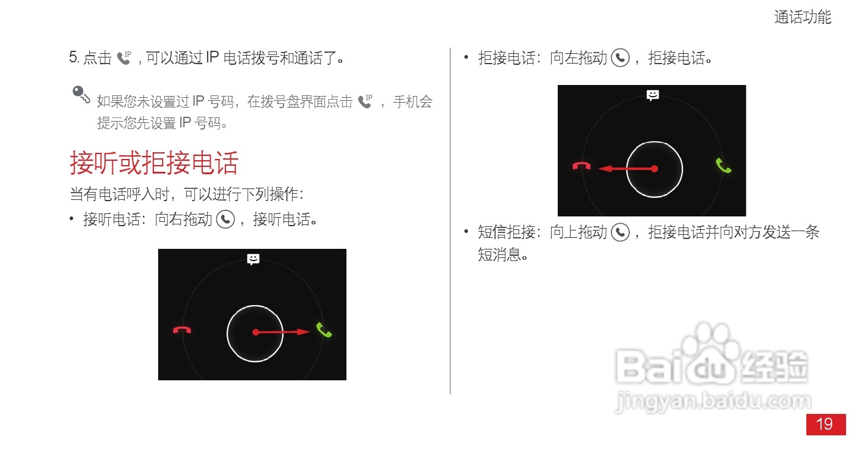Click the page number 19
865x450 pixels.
coord(825,424)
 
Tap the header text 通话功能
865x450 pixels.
coord(803,17)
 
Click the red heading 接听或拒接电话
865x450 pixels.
coord(154,163)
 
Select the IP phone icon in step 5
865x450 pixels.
coord(125,58)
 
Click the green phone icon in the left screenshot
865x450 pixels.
coord(324,331)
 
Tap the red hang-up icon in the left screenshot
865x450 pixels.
coord(182,330)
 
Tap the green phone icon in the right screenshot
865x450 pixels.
coord(723,166)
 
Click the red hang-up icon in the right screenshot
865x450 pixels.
coord(581,166)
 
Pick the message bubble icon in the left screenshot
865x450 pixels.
coord(254,259)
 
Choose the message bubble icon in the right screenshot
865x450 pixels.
coord(653,95)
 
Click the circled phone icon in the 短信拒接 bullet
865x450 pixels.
coord(621,232)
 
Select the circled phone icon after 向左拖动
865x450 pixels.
coord(621,58)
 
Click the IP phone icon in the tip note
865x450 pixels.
coord(365,101)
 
